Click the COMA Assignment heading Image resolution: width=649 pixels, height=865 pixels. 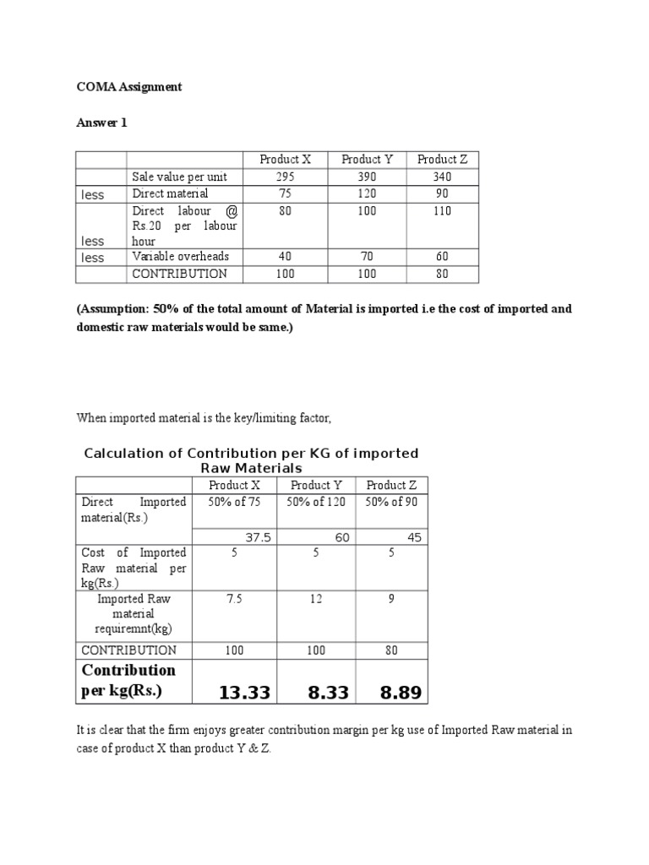pyautogui.click(x=129, y=87)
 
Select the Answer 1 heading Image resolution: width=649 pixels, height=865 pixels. pyautogui.click(x=101, y=122)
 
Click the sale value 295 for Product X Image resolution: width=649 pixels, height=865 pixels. pyautogui.click(x=285, y=177)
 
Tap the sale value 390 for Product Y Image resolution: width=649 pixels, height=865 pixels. pyautogui.click(x=364, y=177)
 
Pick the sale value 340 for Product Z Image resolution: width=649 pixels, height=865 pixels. pyautogui.click(x=441, y=177)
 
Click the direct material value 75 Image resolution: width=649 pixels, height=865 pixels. pyautogui.click(x=285, y=194)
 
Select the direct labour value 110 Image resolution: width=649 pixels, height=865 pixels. pyautogui.click(x=441, y=211)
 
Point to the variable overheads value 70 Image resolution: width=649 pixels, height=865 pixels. pyautogui.click(x=364, y=257)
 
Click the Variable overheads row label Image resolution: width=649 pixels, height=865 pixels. pyautogui.click(x=180, y=257)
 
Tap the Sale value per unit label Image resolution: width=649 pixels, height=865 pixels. pyautogui.click(x=185, y=177)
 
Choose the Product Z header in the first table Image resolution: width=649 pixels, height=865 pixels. pyautogui.click(x=442, y=159)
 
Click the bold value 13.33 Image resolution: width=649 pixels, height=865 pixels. pyautogui.click(x=244, y=693)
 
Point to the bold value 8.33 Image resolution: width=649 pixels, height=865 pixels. pyautogui.click(x=318, y=693)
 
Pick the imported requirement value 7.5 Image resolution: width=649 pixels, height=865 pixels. pyautogui.click(x=234, y=599)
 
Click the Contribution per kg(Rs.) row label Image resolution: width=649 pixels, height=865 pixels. pyautogui.click(x=128, y=680)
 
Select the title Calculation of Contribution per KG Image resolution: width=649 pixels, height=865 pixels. pyautogui.click(x=251, y=460)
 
